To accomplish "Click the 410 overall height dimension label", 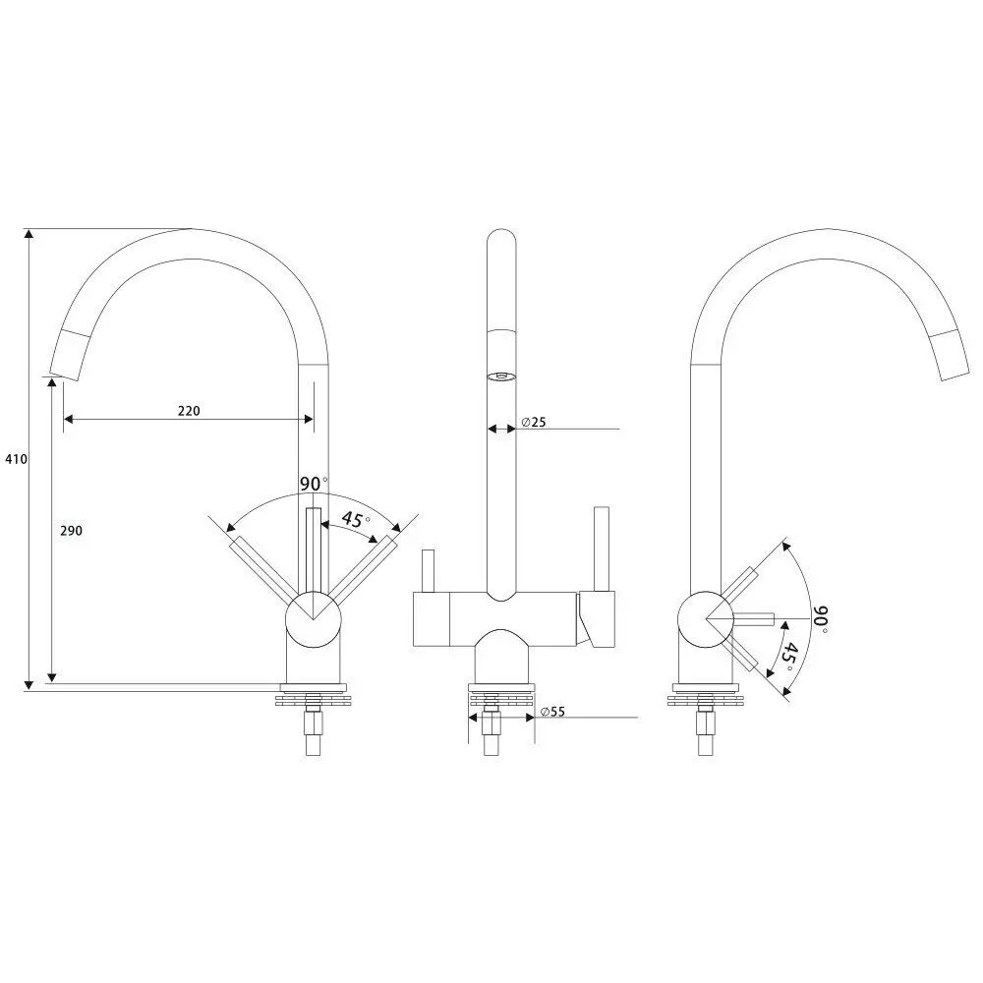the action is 17,459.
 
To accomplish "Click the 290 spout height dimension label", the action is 71,531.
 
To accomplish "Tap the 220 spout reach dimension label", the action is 189,411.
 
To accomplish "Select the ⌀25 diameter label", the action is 533,422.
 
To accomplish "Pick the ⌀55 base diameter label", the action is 552,712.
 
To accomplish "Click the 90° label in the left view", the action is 313,484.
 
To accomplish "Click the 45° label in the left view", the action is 356,520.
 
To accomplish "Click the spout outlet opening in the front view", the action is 501,376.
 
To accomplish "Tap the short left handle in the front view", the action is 429,571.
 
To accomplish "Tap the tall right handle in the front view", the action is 602,549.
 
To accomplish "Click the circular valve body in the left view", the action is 313,618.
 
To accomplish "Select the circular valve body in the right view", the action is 706,618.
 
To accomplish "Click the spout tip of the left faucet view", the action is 64,375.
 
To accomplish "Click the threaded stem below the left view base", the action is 313,731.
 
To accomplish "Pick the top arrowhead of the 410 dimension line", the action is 29,235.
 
